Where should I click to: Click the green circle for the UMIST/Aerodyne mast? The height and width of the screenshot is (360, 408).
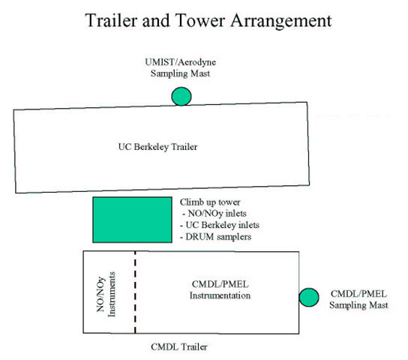click(x=181, y=96)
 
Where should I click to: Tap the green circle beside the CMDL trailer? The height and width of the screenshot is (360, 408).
click(x=309, y=297)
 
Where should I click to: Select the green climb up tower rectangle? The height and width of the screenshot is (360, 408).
click(x=132, y=220)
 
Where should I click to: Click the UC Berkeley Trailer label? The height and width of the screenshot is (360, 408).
click(x=157, y=147)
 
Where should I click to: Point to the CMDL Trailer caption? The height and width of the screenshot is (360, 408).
click(x=179, y=346)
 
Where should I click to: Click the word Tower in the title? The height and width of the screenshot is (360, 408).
click(x=199, y=20)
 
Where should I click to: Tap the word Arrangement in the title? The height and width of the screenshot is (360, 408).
click(x=281, y=21)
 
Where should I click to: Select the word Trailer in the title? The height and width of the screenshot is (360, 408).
click(x=111, y=20)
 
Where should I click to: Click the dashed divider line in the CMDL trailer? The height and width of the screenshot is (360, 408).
click(x=135, y=292)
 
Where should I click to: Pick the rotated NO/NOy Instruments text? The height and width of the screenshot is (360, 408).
click(x=106, y=294)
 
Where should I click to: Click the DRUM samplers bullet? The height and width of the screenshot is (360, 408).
click(x=216, y=237)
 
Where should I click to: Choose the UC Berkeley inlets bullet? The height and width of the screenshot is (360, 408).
click(x=220, y=225)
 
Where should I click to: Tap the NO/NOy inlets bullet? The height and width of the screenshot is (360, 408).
click(x=214, y=214)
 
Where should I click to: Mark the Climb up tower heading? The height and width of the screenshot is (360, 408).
click(x=210, y=202)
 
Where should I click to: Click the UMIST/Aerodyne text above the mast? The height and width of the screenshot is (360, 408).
click(x=180, y=62)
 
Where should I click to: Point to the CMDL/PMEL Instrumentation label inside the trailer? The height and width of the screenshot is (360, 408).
click(x=220, y=289)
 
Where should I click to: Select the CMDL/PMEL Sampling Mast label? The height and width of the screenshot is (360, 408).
click(x=358, y=299)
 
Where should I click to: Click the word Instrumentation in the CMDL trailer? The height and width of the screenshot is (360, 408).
click(x=220, y=295)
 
